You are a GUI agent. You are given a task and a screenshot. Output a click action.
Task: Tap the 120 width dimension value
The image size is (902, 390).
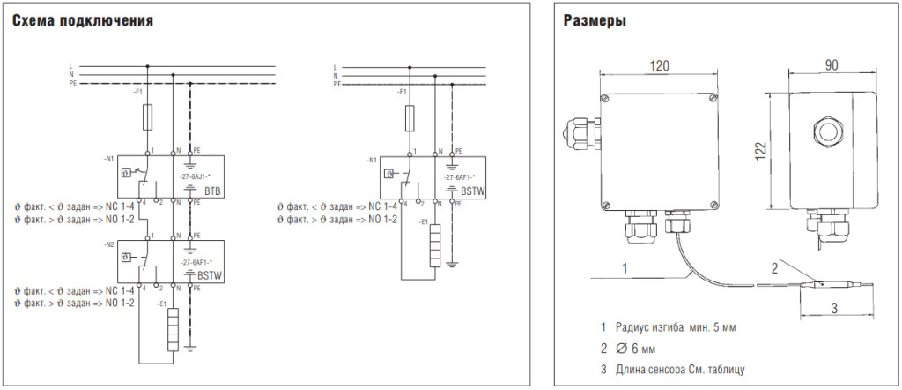[660, 65]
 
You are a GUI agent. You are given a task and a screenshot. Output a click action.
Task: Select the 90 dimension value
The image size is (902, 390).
[832, 64]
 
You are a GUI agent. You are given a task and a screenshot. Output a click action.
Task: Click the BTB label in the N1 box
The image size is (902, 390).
[211, 191]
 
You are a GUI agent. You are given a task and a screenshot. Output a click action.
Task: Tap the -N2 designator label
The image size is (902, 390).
[108, 244]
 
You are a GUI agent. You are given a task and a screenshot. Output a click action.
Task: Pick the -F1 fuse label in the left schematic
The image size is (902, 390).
[137, 91]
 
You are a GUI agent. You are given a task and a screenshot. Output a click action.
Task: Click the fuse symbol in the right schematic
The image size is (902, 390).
[410, 116]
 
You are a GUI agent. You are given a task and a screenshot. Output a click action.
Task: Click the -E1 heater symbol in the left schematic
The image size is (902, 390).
[173, 329]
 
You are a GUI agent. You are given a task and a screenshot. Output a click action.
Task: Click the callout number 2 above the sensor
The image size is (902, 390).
[774, 266]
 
